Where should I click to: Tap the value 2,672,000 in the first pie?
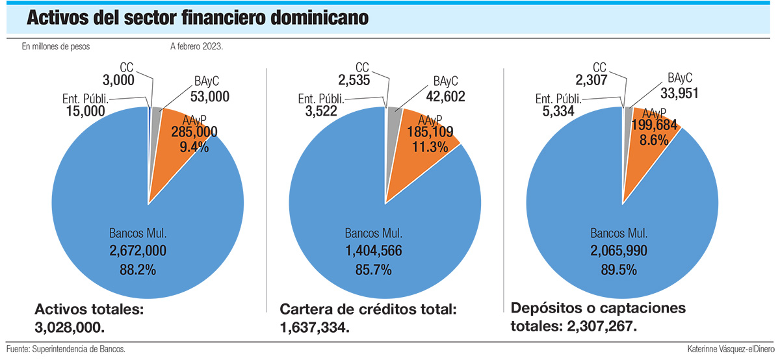tap(138, 250)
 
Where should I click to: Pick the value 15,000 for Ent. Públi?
tap(86, 111)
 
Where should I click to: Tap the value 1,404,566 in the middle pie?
tap(374, 250)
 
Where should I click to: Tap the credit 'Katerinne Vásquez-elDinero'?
tap(731, 349)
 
